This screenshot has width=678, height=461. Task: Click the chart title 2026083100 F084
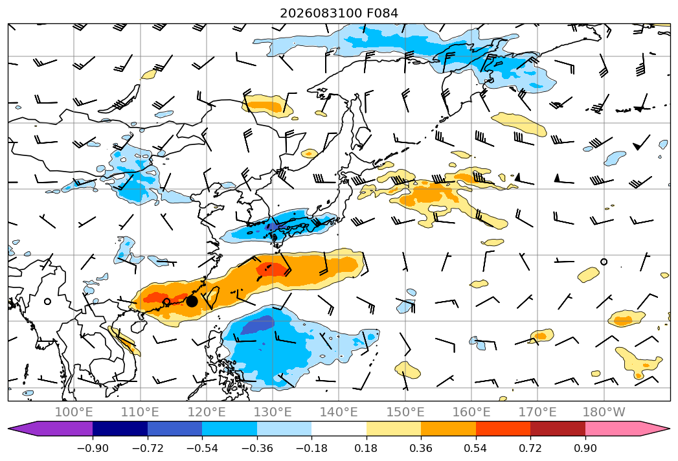pos(339,14)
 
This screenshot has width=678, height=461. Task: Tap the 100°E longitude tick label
pos(74,412)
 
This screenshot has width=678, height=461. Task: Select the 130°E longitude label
pos(273,412)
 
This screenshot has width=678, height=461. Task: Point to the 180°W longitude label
pos(604,412)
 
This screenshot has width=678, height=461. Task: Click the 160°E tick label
pos(471,412)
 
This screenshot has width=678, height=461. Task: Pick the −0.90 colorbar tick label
pos(93,448)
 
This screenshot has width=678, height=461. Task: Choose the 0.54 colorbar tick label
pos(476,448)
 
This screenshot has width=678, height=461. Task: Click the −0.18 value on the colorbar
pos(311,448)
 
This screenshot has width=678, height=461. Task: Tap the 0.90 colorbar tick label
pos(585,448)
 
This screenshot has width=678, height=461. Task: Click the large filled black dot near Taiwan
pos(192,302)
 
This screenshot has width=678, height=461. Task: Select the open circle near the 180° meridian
pos(604,262)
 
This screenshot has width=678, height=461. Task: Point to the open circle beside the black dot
pos(166,302)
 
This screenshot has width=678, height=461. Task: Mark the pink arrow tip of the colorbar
pos(670,428)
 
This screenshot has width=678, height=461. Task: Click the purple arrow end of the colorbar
pos(8,428)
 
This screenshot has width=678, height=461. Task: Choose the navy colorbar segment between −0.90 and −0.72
pos(120,428)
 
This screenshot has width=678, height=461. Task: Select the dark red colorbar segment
pos(558,428)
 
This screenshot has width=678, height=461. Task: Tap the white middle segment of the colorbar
pos(339,428)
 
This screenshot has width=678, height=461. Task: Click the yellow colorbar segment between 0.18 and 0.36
pos(394,428)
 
